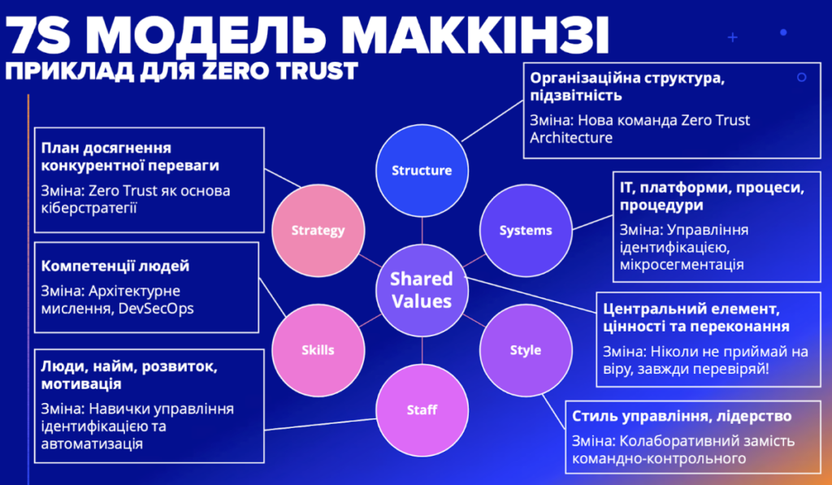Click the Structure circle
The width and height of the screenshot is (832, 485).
(422, 171)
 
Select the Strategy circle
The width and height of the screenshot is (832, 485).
(318, 231)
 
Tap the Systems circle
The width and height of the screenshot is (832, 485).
(526, 231)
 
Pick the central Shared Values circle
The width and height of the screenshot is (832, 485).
(422, 290)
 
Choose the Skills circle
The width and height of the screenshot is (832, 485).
(318, 350)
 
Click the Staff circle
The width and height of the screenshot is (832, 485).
(422, 410)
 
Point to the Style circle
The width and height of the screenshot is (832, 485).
(526, 350)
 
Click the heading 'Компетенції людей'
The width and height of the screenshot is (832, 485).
(115, 266)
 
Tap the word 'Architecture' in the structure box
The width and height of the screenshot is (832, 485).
(571, 137)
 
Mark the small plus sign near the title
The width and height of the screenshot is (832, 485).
(733, 37)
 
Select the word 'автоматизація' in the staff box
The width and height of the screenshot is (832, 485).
(92, 444)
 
